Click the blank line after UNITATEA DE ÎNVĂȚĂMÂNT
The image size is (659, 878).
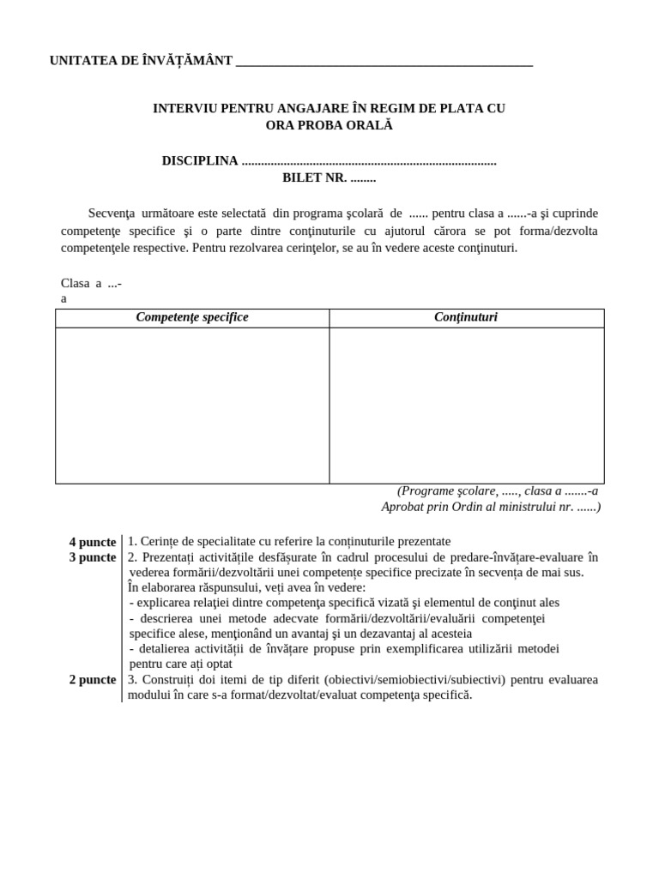coord(384,62)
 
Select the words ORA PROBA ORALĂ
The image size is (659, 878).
coord(329,125)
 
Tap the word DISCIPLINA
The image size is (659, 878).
coord(200,161)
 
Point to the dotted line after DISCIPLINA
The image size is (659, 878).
coord(369,161)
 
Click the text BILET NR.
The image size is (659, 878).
coord(314,178)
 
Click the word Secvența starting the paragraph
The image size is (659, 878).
coord(118,213)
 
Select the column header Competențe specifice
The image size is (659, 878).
coord(192,317)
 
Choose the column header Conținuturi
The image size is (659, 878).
coord(466,317)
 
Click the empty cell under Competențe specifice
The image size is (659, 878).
coord(192,405)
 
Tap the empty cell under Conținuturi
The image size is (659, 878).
coord(466,405)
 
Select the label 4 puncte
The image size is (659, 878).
coord(93,542)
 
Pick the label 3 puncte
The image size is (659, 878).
coord(93,557)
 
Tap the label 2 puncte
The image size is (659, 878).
coord(93,680)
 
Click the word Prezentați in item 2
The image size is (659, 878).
coord(170,557)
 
